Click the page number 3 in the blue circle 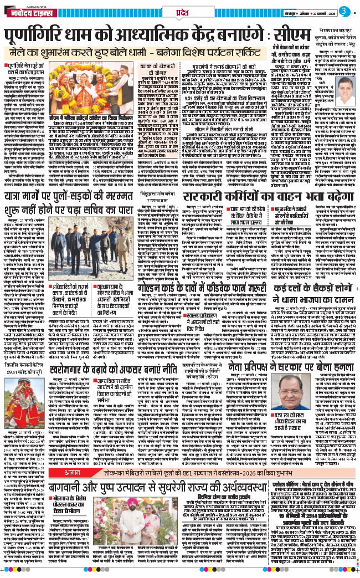[x=344, y=11]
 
